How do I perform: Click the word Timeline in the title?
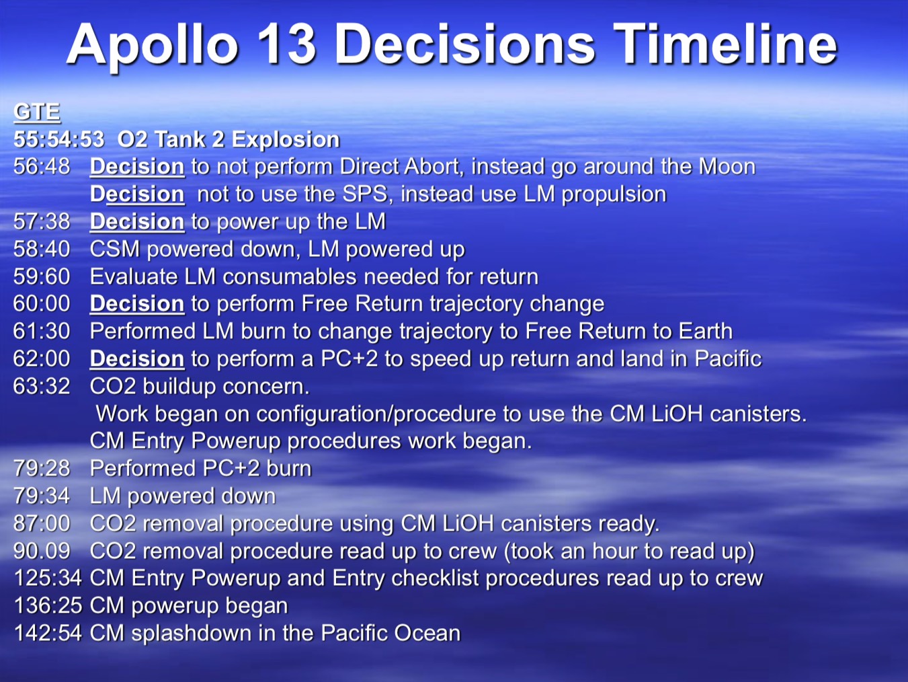725,44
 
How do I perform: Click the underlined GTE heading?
37,112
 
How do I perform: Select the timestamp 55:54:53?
58,139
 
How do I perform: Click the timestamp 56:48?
42,166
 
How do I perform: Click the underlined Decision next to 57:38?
136,221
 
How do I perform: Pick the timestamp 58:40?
42,249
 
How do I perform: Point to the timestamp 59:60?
42,276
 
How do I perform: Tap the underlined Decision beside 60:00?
136,303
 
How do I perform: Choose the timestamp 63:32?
42,386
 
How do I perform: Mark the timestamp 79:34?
42,496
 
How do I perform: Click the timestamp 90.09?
42,551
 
